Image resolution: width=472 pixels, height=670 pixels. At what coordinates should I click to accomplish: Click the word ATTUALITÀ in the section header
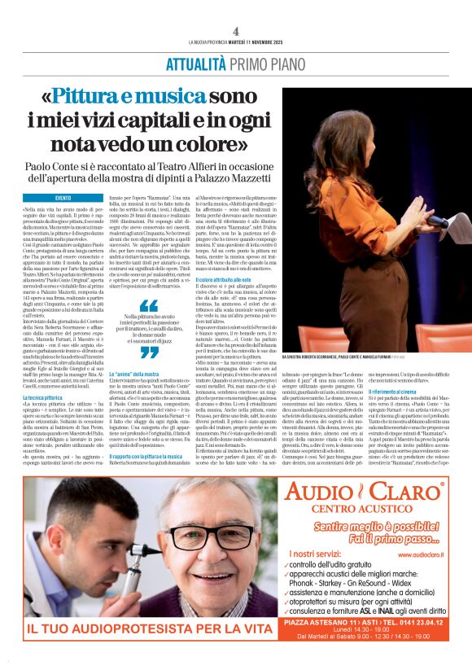pyautogui.click(x=196, y=64)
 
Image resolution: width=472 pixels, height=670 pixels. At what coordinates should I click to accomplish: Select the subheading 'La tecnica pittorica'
pyautogui.click(x=56, y=421)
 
